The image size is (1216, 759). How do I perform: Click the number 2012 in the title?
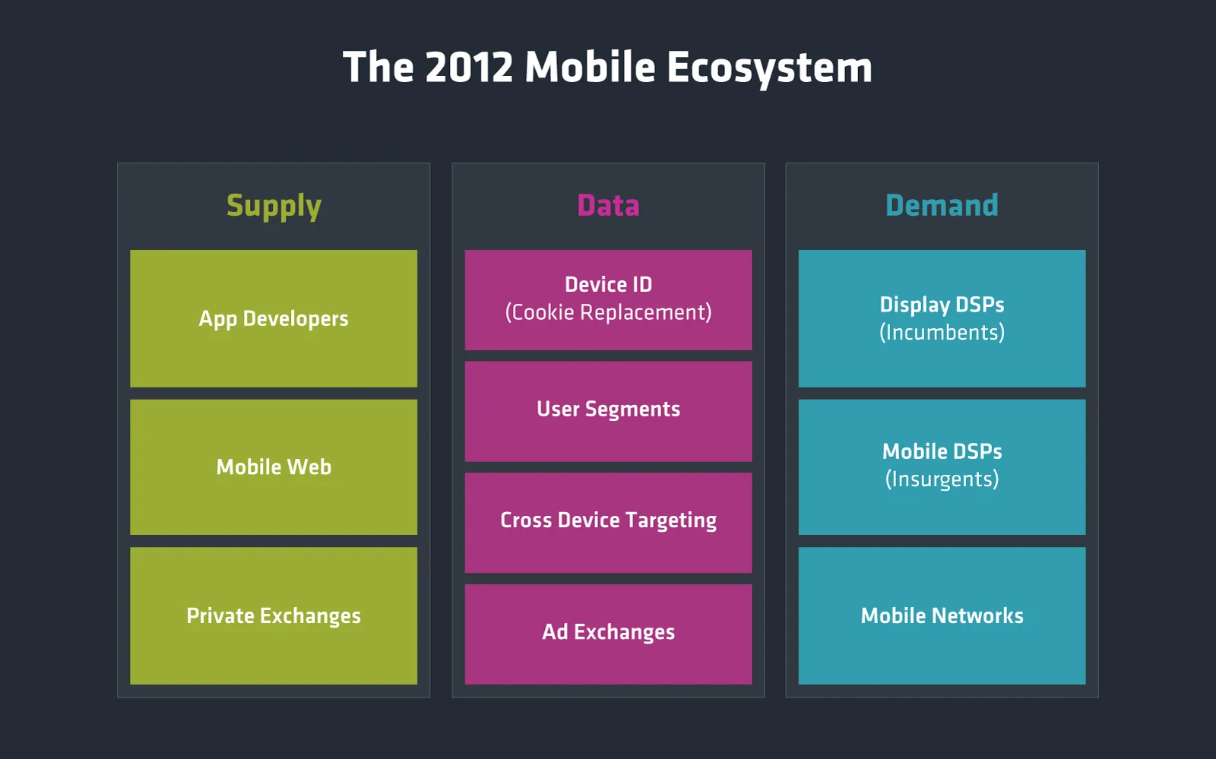point(469,68)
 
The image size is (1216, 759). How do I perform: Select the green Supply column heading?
point(274,206)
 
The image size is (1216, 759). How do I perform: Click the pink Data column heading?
point(608,205)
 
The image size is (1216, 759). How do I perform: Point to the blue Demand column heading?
point(942,205)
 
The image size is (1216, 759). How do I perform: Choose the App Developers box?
point(274,318)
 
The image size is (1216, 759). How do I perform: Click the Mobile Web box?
point(274,466)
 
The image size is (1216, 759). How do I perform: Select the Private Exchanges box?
point(274,615)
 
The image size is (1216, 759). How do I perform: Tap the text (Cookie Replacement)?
point(608,312)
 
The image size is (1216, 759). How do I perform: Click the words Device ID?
point(608,284)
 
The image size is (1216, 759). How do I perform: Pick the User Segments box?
point(608,410)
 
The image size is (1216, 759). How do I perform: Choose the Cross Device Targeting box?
point(608,521)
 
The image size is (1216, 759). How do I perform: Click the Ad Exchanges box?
point(608,633)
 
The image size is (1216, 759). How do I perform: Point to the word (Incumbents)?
point(942,333)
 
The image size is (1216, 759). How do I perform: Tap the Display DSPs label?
point(942,305)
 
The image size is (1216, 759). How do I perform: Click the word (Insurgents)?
point(942,479)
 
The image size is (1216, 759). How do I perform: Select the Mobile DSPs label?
point(942,451)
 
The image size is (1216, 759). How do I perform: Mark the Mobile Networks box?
point(942,615)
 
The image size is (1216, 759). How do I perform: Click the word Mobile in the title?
point(590,68)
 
